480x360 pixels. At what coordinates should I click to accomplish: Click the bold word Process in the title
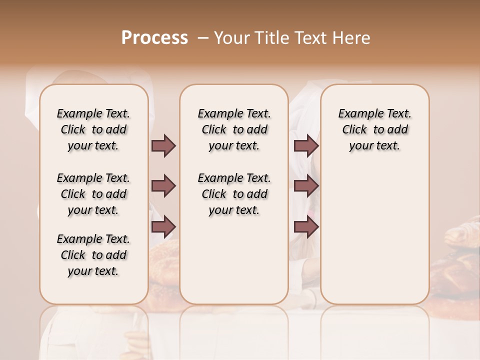154,38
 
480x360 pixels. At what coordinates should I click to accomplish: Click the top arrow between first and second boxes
163,146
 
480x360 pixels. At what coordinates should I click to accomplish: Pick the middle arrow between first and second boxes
163,186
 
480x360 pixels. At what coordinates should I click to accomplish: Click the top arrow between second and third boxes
306,146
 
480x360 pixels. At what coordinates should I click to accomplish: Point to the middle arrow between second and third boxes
306,186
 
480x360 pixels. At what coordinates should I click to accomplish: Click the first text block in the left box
93,129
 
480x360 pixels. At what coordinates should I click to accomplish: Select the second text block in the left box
93,194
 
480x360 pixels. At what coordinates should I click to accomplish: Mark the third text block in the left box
93,255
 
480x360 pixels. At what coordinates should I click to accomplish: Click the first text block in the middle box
234,129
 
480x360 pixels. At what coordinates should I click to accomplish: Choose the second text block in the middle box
234,194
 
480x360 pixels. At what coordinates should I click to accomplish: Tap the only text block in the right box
375,129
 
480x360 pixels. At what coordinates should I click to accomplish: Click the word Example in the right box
357,114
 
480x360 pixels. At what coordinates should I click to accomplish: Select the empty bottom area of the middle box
234,265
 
